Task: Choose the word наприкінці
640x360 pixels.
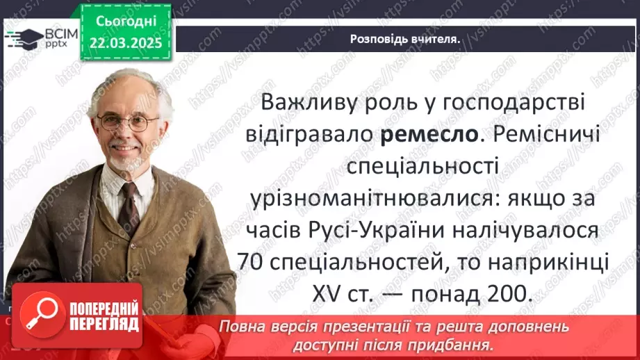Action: tap(551, 262)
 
